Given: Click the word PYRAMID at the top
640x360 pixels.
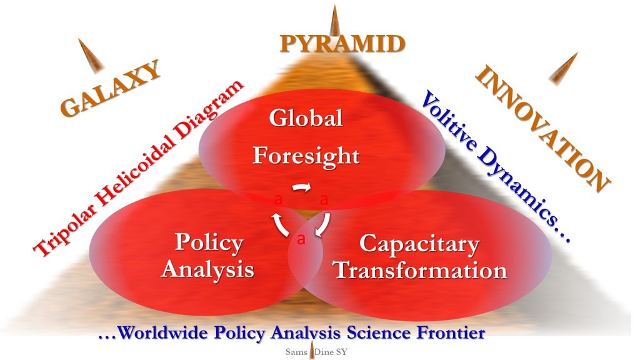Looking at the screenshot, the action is [x=342, y=44].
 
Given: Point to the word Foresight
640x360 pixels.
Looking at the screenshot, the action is [x=306, y=156].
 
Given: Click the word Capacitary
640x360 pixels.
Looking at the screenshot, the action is [x=419, y=244].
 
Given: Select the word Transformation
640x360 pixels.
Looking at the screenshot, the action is [x=421, y=271].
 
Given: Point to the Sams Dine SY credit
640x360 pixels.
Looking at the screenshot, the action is [x=316, y=352].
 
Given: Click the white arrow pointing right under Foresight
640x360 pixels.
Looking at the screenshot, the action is [x=302, y=187].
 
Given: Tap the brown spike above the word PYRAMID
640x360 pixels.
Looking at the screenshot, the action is [x=335, y=21].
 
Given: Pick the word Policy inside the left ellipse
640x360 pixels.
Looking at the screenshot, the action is [x=209, y=242].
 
